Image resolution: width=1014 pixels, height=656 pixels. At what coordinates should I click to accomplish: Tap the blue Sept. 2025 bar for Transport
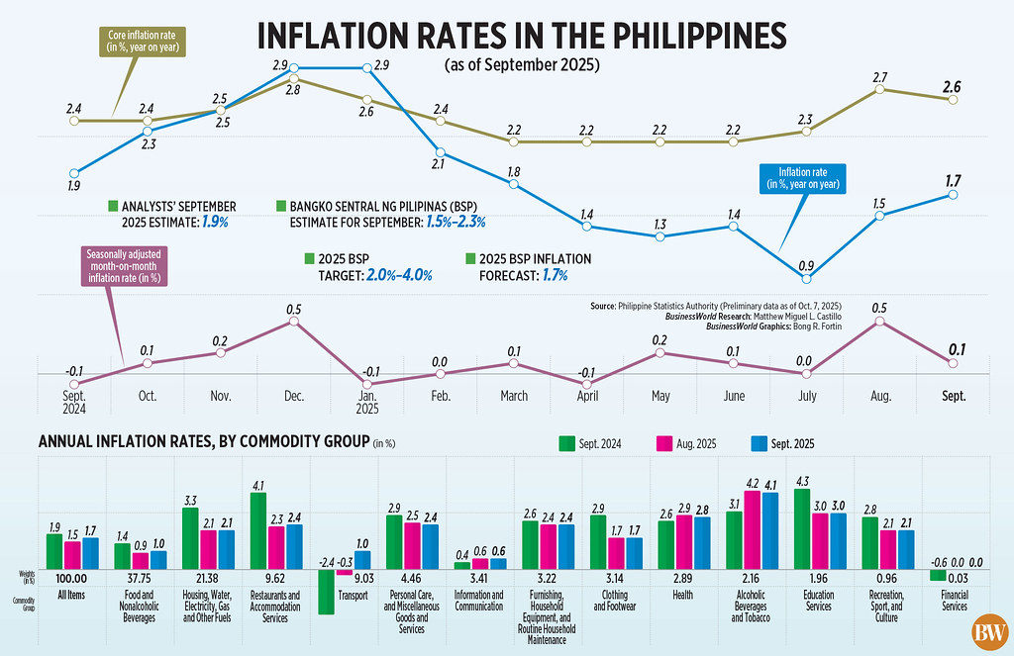click(361, 559)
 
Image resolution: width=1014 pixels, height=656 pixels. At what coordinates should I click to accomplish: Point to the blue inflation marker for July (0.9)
click(808, 281)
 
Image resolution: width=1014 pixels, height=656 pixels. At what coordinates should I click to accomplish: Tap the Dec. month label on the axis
click(293, 395)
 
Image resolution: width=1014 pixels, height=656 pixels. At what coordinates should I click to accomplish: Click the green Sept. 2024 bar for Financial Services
click(936, 575)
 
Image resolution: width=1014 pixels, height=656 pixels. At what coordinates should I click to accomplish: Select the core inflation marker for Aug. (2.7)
click(879, 90)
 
